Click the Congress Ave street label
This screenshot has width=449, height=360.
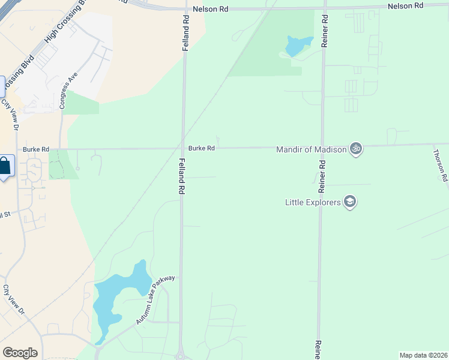68,91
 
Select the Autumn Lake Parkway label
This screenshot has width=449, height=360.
155,300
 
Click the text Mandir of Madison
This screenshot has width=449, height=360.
312,149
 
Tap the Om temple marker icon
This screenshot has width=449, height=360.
356,148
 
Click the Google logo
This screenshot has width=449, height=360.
20,353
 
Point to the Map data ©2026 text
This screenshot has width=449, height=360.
423,355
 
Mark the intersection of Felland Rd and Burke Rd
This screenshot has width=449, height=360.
184,148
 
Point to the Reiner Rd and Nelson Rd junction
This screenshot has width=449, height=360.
324,8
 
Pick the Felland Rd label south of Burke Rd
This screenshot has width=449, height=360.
181,175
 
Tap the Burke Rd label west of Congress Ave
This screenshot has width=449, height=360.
36,149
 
